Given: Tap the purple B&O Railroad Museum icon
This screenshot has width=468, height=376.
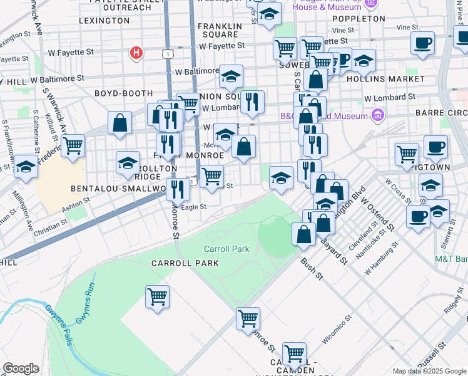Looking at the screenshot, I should [377, 115].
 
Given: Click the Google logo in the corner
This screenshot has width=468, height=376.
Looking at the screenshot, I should [21, 369].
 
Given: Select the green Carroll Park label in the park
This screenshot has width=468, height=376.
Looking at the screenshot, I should [226, 249].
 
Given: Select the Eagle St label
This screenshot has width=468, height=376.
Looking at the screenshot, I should [193, 207].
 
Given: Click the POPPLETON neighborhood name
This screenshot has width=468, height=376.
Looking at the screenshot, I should [364, 19].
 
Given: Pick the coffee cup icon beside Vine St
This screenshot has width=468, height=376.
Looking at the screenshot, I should [423, 43].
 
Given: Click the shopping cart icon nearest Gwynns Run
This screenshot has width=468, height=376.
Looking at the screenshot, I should [157, 296].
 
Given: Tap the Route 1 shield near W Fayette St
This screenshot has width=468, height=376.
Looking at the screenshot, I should [167, 55].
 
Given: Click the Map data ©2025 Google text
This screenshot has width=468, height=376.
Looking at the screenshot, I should [429, 370].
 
